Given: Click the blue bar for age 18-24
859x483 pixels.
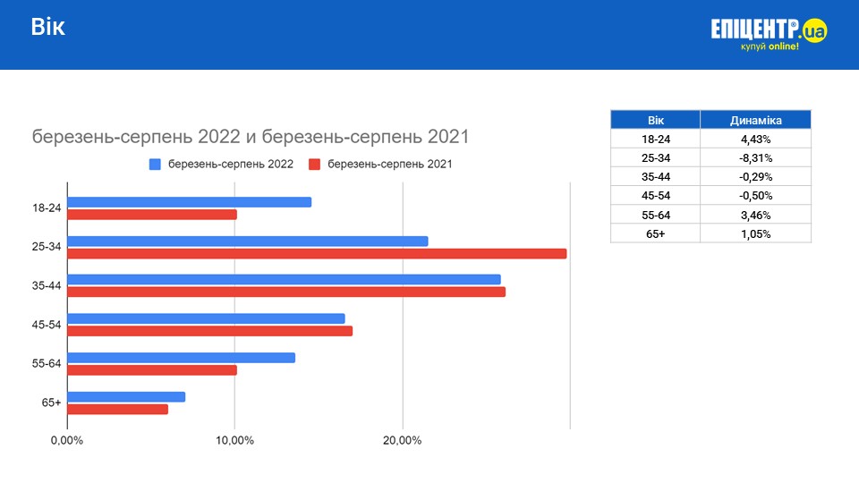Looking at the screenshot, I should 189,202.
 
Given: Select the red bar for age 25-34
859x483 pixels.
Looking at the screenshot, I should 317,253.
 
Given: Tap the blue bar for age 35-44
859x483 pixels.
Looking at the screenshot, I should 284,279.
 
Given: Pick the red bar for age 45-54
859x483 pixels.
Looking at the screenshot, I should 209,331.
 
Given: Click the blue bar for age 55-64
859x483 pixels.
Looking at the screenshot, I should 181,358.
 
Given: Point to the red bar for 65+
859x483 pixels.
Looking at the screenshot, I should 117,410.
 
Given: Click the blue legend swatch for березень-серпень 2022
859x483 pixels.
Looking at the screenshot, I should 155,165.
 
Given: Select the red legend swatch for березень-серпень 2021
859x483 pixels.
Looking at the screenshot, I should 314,165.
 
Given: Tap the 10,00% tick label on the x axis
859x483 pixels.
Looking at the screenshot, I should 234,441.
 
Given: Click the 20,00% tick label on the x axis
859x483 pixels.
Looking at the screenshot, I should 402,441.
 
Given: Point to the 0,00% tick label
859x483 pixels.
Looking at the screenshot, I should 67,441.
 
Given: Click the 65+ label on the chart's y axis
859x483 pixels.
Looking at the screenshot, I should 51,403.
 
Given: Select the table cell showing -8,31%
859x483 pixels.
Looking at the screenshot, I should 755,157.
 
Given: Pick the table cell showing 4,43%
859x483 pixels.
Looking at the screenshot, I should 755,139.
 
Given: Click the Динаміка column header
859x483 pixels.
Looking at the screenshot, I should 755,120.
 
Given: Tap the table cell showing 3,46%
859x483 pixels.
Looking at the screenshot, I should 755,215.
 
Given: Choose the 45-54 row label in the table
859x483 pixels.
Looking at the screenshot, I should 655,196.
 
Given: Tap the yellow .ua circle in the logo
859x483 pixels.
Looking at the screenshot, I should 814,31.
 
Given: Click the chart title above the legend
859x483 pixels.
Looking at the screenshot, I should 251,137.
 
